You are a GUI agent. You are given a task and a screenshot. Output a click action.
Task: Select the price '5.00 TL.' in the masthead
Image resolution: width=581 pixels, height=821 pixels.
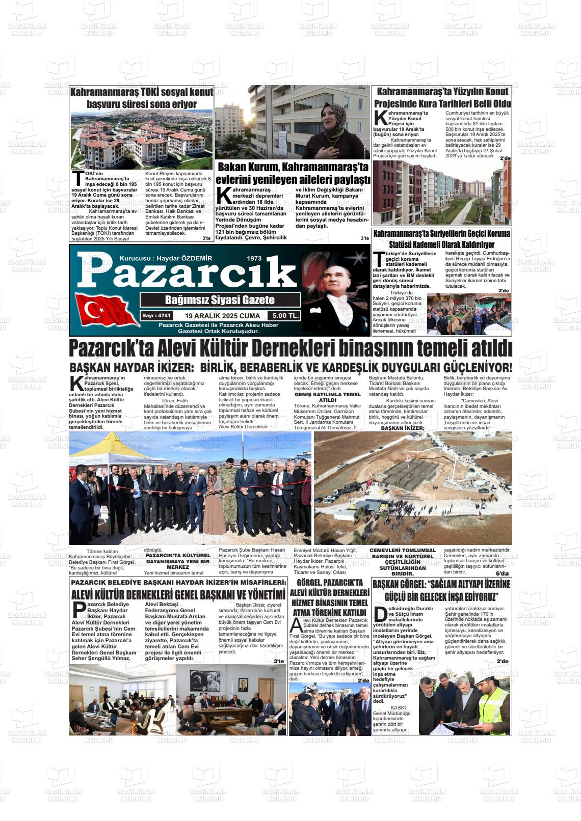[x=285, y=316]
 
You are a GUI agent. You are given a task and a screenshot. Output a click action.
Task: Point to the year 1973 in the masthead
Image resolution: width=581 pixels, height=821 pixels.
[x=253, y=258]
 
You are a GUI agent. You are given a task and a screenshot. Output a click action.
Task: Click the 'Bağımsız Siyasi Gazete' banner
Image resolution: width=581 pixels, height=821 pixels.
[x=220, y=300]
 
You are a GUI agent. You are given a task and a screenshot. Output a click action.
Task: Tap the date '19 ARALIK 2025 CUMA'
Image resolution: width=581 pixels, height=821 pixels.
[x=223, y=316]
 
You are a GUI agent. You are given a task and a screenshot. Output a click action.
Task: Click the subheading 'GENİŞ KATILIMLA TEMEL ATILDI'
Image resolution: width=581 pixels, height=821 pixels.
[x=327, y=397]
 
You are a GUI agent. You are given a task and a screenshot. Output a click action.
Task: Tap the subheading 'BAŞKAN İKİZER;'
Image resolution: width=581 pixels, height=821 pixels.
[x=403, y=428]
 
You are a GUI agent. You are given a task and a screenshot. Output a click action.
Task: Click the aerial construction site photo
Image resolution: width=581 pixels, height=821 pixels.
[x=413, y=488]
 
